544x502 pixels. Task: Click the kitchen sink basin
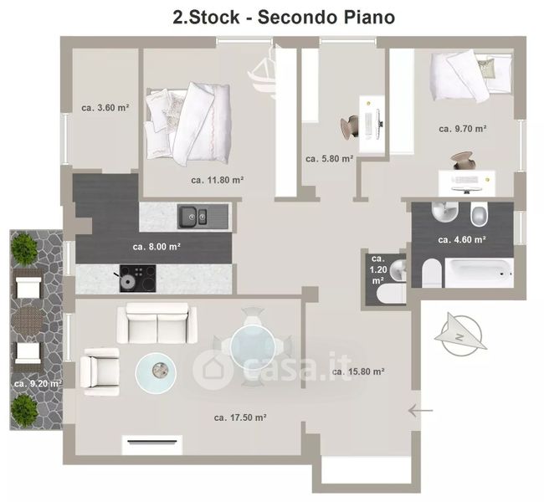(203, 217)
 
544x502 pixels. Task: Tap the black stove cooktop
(138, 279)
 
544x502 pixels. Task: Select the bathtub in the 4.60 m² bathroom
(479, 273)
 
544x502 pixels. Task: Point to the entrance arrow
(420, 411)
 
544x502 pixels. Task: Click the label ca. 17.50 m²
(240, 417)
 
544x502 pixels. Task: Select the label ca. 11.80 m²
(218, 180)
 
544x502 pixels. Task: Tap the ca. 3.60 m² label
(105, 108)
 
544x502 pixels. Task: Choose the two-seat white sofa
(157, 323)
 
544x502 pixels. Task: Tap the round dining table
(253, 346)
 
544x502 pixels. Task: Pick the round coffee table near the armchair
(156, 372)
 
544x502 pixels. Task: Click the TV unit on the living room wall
(152, 444)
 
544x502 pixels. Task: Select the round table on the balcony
(28, 319)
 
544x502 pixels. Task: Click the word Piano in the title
(369, 17)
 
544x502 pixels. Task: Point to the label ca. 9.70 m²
(463, 129)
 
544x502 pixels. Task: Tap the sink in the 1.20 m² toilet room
(398, 270)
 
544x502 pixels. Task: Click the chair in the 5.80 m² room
(350, 127)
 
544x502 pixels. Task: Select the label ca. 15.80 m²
(358, 371)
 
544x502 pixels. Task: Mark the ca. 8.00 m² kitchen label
(157, 247)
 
